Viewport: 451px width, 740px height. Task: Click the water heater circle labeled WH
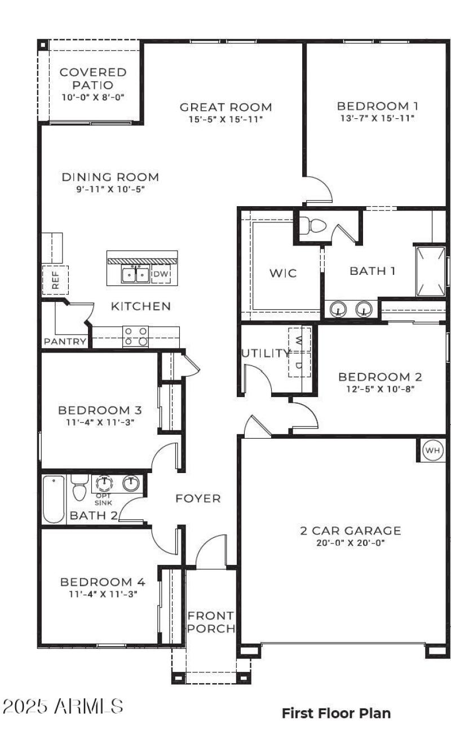[x=432, y=451]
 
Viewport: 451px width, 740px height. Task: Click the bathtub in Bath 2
[x=54, y=499]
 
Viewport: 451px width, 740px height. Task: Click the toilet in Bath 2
[x=79, y=489]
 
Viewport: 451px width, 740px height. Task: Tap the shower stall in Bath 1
[x=431, y=271]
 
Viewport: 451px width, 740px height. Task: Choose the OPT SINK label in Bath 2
[x=103, y=499]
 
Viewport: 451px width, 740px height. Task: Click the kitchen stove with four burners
[x=135, y=336]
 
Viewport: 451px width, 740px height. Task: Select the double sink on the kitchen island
[x=135, y=275]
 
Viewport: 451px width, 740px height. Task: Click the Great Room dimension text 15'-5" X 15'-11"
[x=225, y=119]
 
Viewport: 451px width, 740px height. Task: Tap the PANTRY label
[x=65, y=341]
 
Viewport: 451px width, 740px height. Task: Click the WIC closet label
[x=282, y=274]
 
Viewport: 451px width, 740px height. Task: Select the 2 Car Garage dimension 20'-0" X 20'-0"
[x=350, y=543]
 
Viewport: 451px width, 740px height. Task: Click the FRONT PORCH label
[x=211, y=622]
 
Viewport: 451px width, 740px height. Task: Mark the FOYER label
[x=198, y=498]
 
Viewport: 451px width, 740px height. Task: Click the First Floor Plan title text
[x=336, y=713]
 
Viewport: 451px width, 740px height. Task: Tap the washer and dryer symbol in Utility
[x=299, y=352]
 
